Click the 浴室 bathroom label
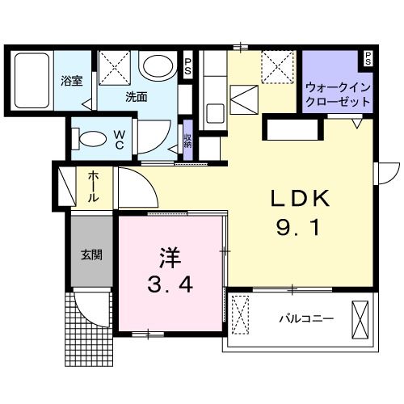[x=73, y=81]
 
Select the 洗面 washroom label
[x=136, y=96]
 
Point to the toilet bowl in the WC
[x=89, y=137]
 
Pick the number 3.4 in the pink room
[x=171, y=285]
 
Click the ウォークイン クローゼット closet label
[x=338, y=96]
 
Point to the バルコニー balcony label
[x=307, y=318]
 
